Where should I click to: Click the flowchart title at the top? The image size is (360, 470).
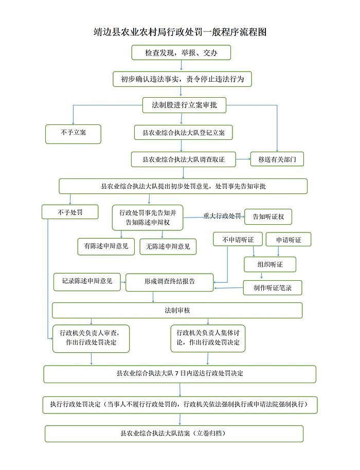(180, 32)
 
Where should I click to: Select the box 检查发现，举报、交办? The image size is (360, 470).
(181, 53)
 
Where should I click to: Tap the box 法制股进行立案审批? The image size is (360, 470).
(184, 105)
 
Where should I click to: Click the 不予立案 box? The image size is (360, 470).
(73, 134)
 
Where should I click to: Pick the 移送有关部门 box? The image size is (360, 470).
(277, 159)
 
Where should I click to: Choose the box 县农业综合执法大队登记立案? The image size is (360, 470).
(184, 133)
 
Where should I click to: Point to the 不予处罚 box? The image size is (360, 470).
(70, 212)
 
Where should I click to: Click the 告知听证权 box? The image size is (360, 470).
(268, 216)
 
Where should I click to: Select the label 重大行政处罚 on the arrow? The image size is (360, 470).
(222, 216)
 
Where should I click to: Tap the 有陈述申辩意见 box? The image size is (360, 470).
(106, 246)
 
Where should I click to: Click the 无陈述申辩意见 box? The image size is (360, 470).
(168, 246)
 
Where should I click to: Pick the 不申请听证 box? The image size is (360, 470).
(238, 240)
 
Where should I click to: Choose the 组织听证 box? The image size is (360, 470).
(270, 264)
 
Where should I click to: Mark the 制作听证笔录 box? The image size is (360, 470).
(273, 288)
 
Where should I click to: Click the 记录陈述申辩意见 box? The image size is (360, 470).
(87, 282)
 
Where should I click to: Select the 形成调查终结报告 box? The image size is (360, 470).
(170, 282)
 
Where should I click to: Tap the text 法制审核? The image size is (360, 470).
(177, 310)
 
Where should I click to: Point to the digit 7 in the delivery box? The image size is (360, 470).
(177, 373)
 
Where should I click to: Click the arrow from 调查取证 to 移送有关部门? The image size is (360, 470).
(243, 159)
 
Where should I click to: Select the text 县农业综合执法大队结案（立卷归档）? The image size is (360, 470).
(173, 433)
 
